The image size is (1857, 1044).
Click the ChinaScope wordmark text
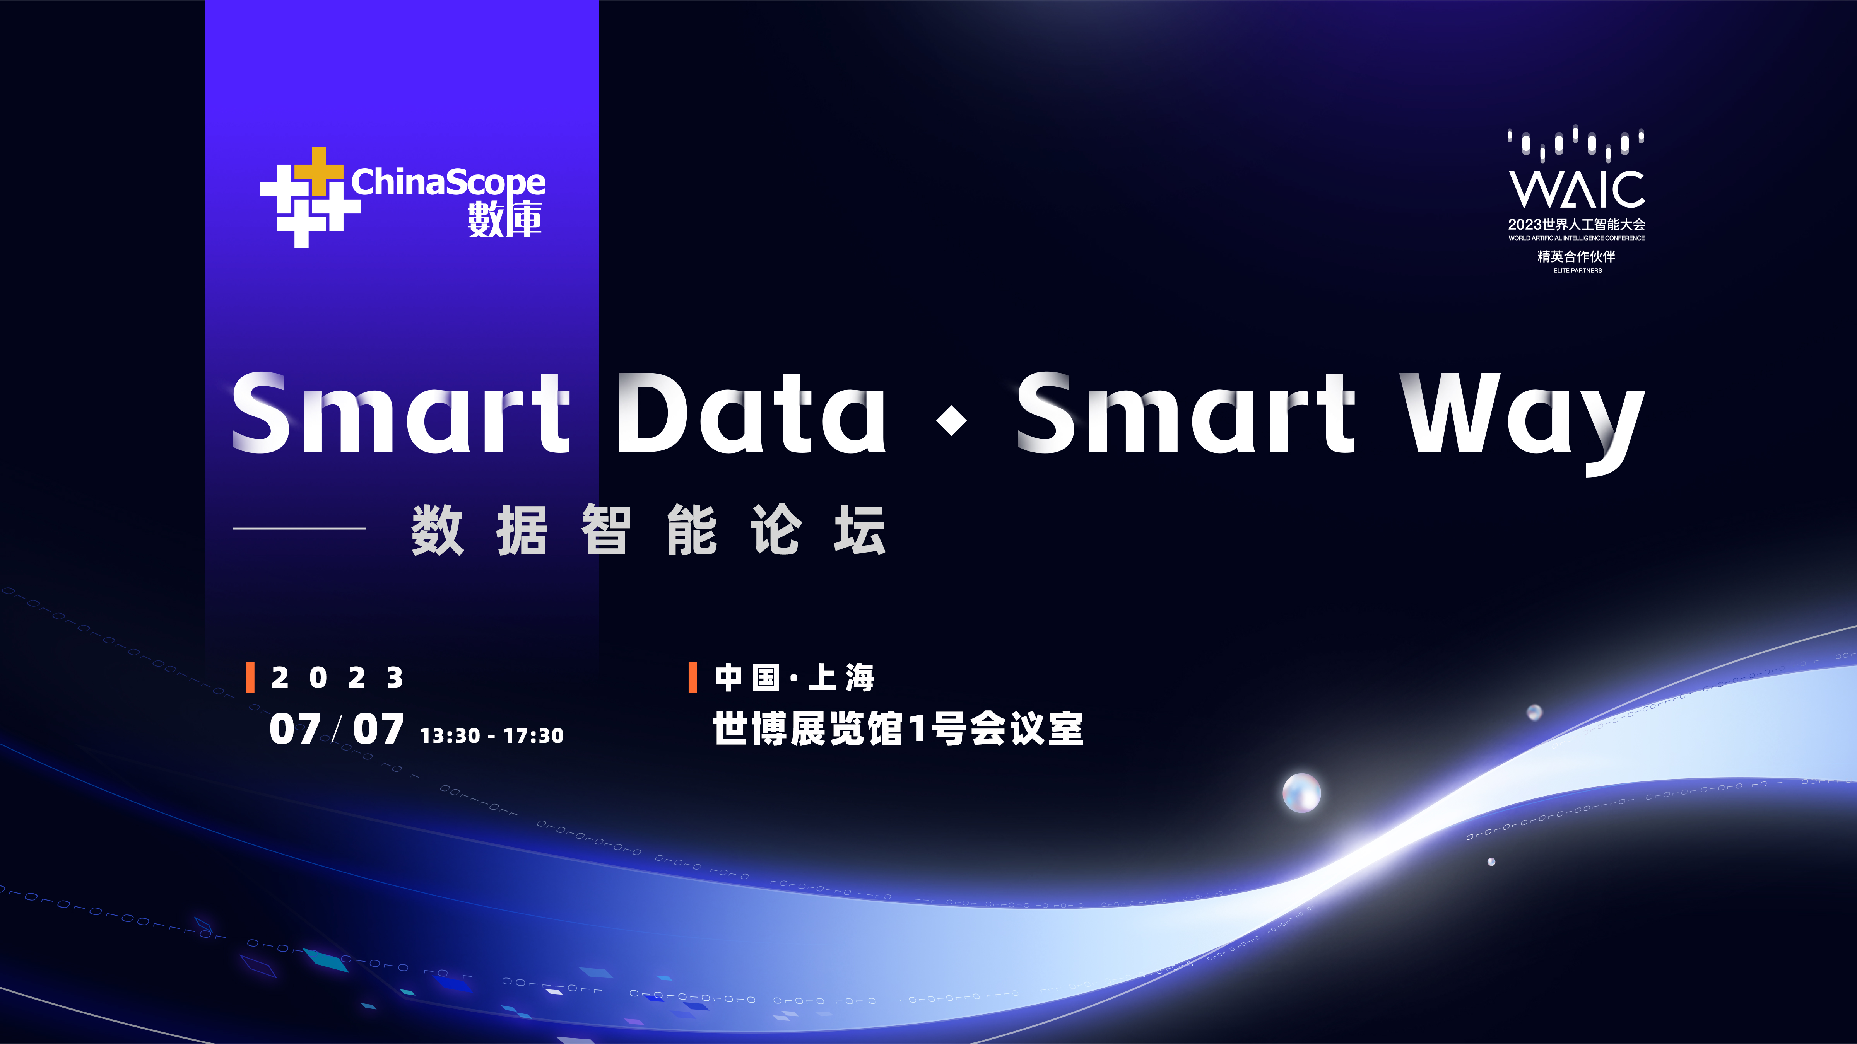point(448,182)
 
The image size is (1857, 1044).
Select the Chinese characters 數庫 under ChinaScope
point(504,219)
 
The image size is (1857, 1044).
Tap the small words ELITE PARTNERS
point(1577,270)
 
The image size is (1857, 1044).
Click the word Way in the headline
point(1522,421)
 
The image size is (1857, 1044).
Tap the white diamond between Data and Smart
point(952,420)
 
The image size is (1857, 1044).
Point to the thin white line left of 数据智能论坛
point(299,528)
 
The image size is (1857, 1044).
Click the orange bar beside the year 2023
point(250,677)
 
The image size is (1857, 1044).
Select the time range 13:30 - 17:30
point(492,735)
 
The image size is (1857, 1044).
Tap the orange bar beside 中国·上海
point(693,677)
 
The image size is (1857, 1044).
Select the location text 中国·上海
point(794,677)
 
